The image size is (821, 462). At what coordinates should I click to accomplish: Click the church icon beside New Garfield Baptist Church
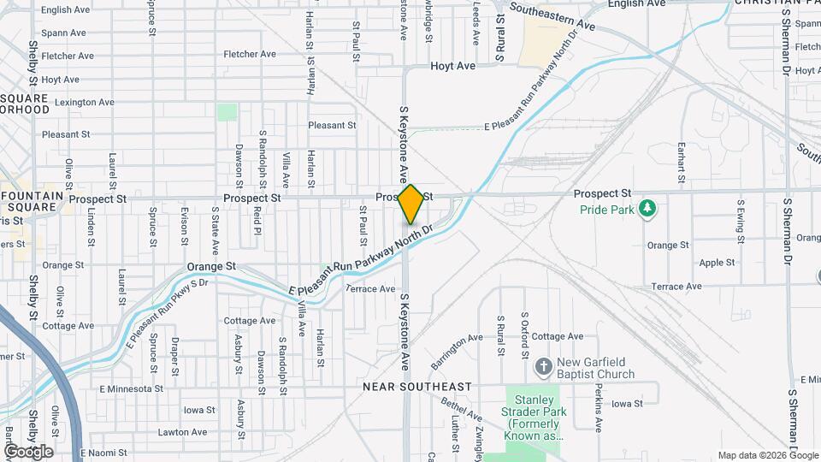point(542,367)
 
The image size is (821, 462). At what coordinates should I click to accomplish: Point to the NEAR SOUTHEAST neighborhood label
point(417,387)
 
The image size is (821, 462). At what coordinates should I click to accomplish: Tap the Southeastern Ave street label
point(552,15)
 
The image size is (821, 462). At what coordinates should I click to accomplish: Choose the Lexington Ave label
point(84,103)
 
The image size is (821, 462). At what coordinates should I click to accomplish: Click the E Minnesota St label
point(131,388)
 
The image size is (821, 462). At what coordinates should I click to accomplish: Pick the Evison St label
point(184,226)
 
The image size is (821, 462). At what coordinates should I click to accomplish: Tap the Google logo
point(28,452)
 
